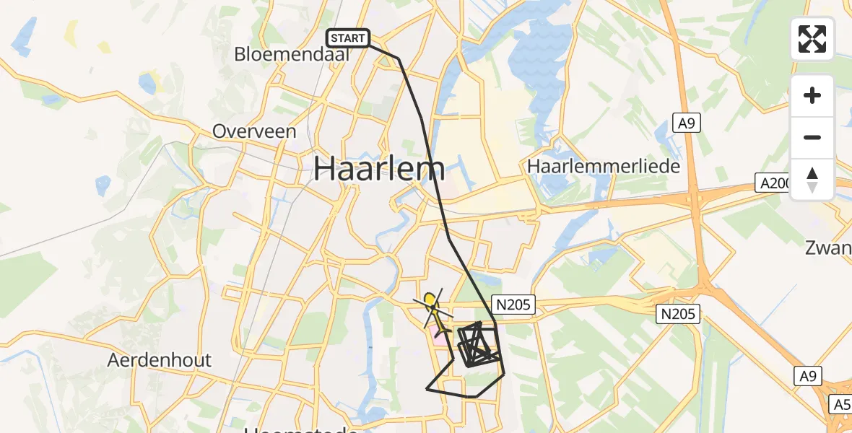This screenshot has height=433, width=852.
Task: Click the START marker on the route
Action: (349, 38)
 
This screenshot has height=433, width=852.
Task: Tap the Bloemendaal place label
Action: (292, 54)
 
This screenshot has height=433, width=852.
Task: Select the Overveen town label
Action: (254, 131)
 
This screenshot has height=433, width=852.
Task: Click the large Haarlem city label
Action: (379, 169)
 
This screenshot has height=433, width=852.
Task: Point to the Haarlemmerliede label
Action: (604, 166)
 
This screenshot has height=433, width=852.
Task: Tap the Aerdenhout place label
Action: (160, 359)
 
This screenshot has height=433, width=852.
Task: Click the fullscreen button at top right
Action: (812, 39)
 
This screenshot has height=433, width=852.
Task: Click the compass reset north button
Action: (812, 180)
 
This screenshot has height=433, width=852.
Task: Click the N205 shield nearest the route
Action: (513, 305)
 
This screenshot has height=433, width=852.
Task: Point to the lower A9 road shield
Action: (808, 375)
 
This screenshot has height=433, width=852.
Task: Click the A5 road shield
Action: (841, 404)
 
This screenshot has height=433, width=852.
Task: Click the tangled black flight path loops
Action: (478, 345)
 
